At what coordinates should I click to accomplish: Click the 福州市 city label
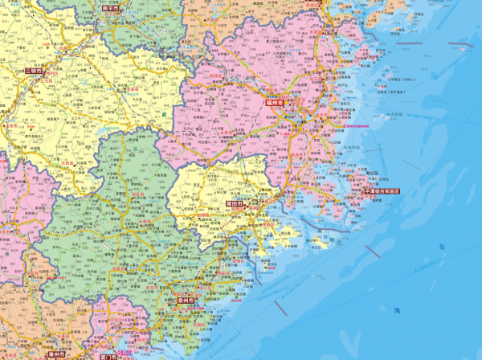276,104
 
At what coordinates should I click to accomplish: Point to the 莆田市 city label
238,205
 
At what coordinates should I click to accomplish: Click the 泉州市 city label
187,301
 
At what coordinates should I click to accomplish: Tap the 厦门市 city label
108,355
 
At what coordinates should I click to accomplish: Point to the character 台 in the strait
440,247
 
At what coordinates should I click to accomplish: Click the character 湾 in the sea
396,310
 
